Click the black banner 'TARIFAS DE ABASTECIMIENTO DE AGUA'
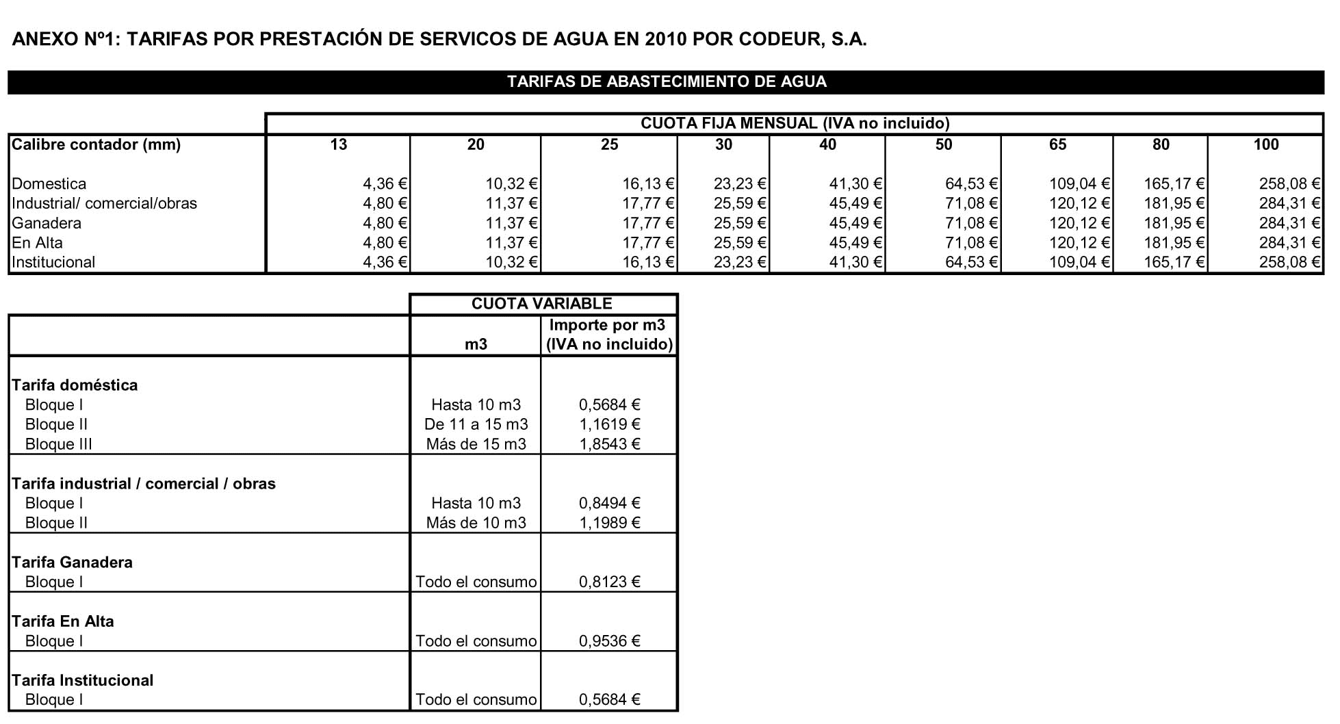[666, 82]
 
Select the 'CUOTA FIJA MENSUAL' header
[795, 124]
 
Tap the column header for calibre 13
[338, 144]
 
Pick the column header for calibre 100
[1265, 144]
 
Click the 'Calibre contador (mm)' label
[96, 144]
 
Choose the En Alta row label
[37, 243]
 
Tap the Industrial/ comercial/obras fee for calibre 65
[1079, 203]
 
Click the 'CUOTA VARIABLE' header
[541, 304]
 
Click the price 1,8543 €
[609, 444]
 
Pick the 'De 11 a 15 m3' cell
[476, 424]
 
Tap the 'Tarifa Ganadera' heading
[72, 563]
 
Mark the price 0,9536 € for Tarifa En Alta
[609, 641]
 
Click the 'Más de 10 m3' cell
[476, 523]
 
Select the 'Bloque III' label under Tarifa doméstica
[58, 444]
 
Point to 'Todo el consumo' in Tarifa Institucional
[476, 700]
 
